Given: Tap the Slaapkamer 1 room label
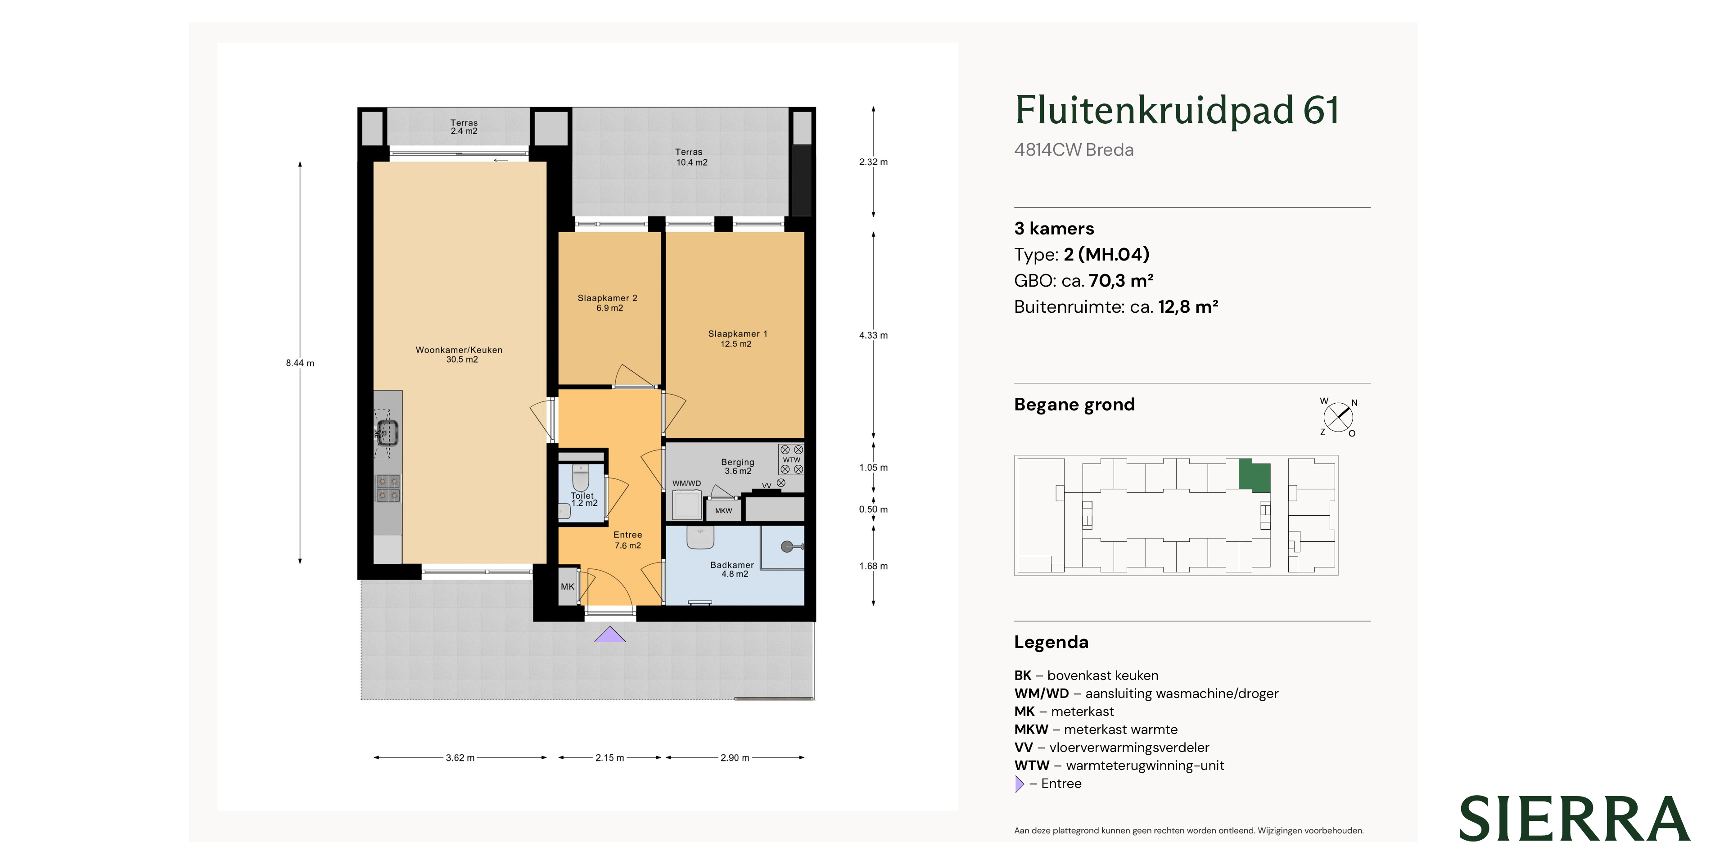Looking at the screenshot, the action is click(737, 339).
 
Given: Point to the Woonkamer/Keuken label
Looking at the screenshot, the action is click(460, 354).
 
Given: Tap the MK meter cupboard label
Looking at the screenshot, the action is click(568, 587).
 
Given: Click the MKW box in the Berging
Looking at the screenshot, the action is click(723, 510).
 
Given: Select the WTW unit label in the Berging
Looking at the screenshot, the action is click(791, 460).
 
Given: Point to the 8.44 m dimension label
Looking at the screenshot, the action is click(300, 363).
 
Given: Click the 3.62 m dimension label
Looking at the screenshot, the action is click(460, 758).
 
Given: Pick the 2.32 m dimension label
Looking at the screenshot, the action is click(873, 162).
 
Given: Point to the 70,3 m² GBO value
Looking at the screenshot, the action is click(1121, 280).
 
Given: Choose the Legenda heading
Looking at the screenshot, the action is click(1051, 642).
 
